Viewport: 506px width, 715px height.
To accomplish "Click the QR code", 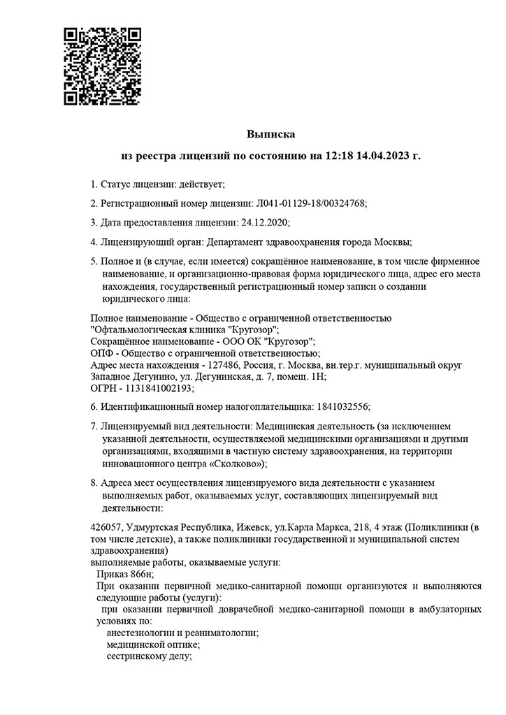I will click(102, 66).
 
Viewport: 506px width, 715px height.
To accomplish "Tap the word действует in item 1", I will click(201, 184).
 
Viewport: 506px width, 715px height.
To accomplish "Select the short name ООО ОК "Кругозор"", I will click(268, 341).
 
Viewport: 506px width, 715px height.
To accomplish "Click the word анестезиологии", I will click(142, 633).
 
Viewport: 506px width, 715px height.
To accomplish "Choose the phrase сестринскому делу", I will click(147, 656).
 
